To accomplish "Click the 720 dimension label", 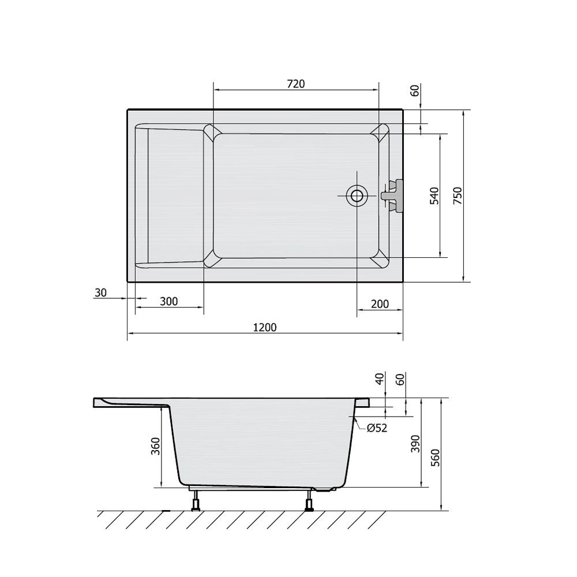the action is click(296, 84).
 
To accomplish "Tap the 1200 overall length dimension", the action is click(265, 327).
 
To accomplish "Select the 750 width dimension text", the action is click(457, 196).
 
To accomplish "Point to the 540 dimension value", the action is click(434, 196).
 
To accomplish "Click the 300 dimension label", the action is click(169, 301).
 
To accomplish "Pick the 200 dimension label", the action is click(380, 304).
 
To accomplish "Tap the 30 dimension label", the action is click(100, 293).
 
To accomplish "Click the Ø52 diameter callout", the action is click(377, 428).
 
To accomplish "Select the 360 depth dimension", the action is click(156, 446).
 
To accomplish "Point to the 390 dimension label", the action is click(415, 444).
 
